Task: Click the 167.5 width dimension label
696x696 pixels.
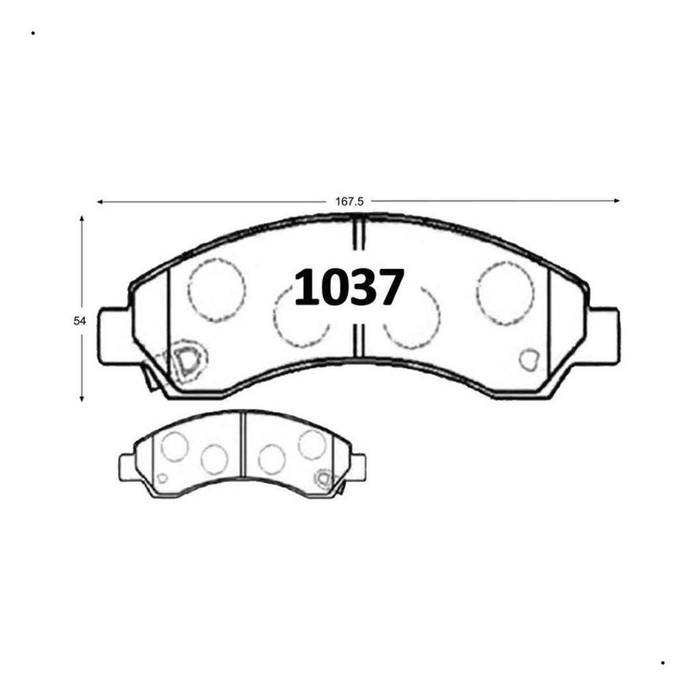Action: [x=349, y=202]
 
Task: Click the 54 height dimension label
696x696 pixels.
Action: [x=79, y=321]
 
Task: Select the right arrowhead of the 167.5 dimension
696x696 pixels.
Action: [x=617, y=201]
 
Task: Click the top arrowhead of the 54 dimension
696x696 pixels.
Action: [x=82, y=219]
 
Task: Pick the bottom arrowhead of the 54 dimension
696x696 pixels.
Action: [x=82, y=398]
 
